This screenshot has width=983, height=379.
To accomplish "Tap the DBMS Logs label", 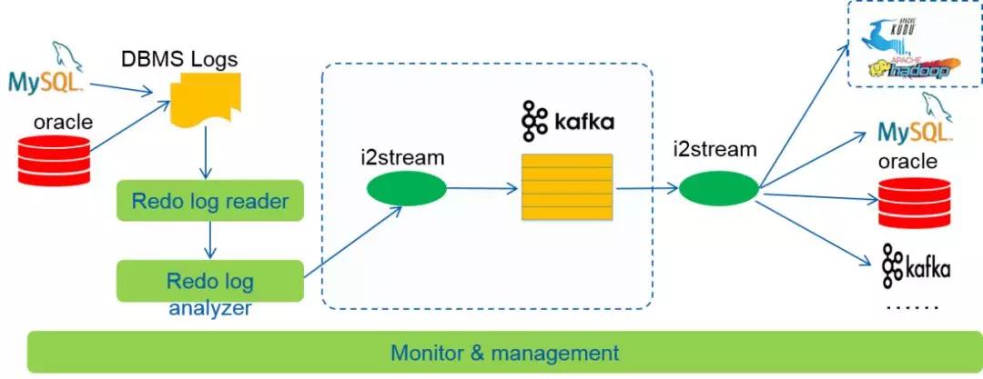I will (179, 60).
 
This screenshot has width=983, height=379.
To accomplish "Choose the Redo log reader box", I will (209, 201).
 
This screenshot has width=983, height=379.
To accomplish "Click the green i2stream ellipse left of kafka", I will (407, 188).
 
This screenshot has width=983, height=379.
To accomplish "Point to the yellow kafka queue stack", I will (566, 186).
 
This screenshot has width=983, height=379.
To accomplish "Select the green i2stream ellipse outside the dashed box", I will (718, 189).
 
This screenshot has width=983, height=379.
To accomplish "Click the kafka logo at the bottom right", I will (915, 266).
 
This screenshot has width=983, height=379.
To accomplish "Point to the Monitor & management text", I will (505, 353).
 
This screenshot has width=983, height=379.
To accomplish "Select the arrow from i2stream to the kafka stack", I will (482, 189).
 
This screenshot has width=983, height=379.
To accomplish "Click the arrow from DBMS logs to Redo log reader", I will (208, 154).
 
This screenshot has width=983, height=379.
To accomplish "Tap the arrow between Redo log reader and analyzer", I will (210, 239).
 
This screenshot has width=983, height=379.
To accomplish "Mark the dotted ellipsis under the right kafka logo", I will (911, 307).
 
